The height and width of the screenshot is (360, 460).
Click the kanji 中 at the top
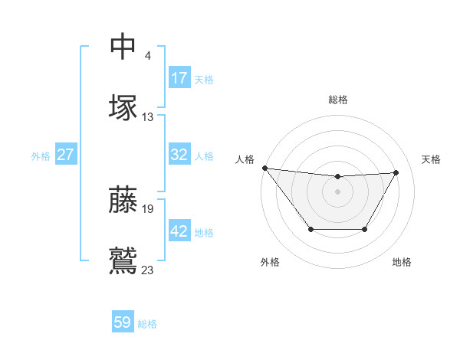coord(123,47)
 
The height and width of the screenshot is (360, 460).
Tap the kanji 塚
coord(123,107)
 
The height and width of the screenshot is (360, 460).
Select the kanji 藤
coord(123,198)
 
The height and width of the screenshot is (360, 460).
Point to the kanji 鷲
coord(123,260)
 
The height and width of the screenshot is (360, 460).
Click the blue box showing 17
coord(179,78)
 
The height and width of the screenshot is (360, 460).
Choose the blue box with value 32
coord(179,155)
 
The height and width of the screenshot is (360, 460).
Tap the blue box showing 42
coord(179,231)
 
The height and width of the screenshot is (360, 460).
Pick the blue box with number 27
coord(65,155)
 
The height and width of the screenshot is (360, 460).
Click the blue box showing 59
coord(123,322)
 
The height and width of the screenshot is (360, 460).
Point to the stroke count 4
coord(147,56)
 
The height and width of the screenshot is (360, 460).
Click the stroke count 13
coord(148,117)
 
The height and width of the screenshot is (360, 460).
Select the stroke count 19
coord(148,208)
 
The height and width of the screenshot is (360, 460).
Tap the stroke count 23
coord(148,270)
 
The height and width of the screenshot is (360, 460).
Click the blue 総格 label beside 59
coord(147,324)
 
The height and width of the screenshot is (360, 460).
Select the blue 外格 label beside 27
coord(41,156)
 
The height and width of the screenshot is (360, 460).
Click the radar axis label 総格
coord(337,100)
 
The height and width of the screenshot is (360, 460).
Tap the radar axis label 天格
coord(431,159)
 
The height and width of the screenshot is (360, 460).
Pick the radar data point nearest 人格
coord(264,168)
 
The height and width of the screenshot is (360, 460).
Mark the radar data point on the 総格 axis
coord(337,177)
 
